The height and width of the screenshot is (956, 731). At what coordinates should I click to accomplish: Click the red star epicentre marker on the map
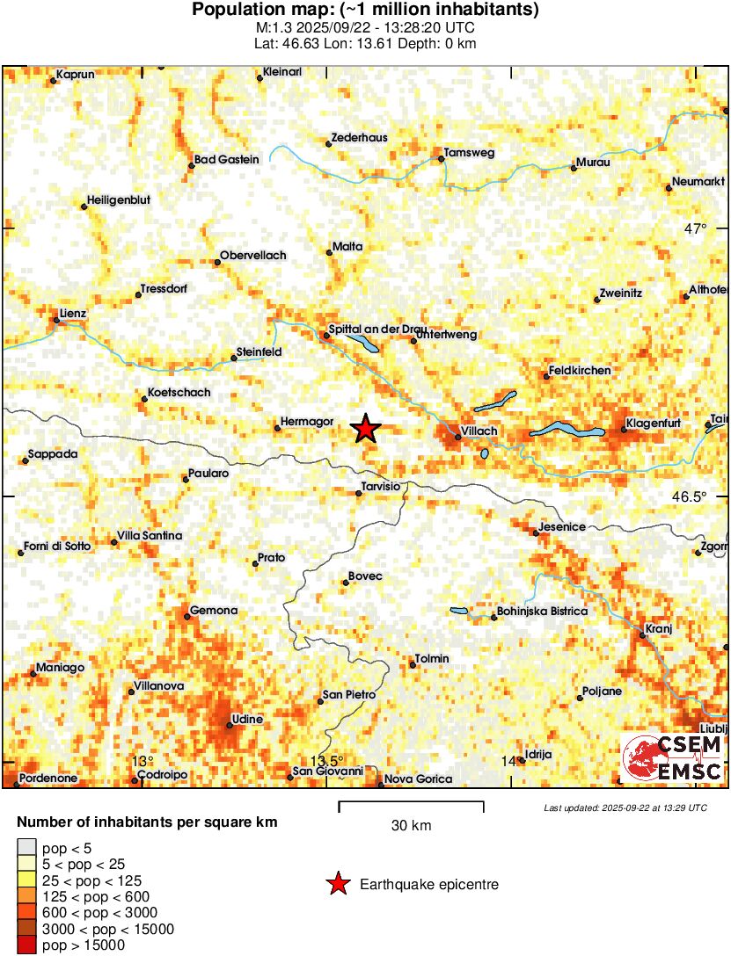point(366,429)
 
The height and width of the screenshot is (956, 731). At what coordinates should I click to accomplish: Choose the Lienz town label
point(72,313)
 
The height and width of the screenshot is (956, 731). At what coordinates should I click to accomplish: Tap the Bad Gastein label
point(227,159)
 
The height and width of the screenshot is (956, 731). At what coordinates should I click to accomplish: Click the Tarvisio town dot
point(358,493)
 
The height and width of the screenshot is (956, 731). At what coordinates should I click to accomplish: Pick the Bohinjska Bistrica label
point(543,611)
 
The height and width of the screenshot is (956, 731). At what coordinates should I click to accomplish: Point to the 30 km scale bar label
point(411,826)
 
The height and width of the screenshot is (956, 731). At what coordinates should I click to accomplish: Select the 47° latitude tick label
point(695,229)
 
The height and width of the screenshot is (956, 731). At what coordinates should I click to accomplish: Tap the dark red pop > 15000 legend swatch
point(27,945)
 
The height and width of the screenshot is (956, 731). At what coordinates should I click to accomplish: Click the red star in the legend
point(337,885)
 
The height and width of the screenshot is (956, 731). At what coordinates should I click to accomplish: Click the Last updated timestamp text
point(625,808)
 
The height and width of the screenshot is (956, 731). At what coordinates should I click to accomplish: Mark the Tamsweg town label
point(470,153)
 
